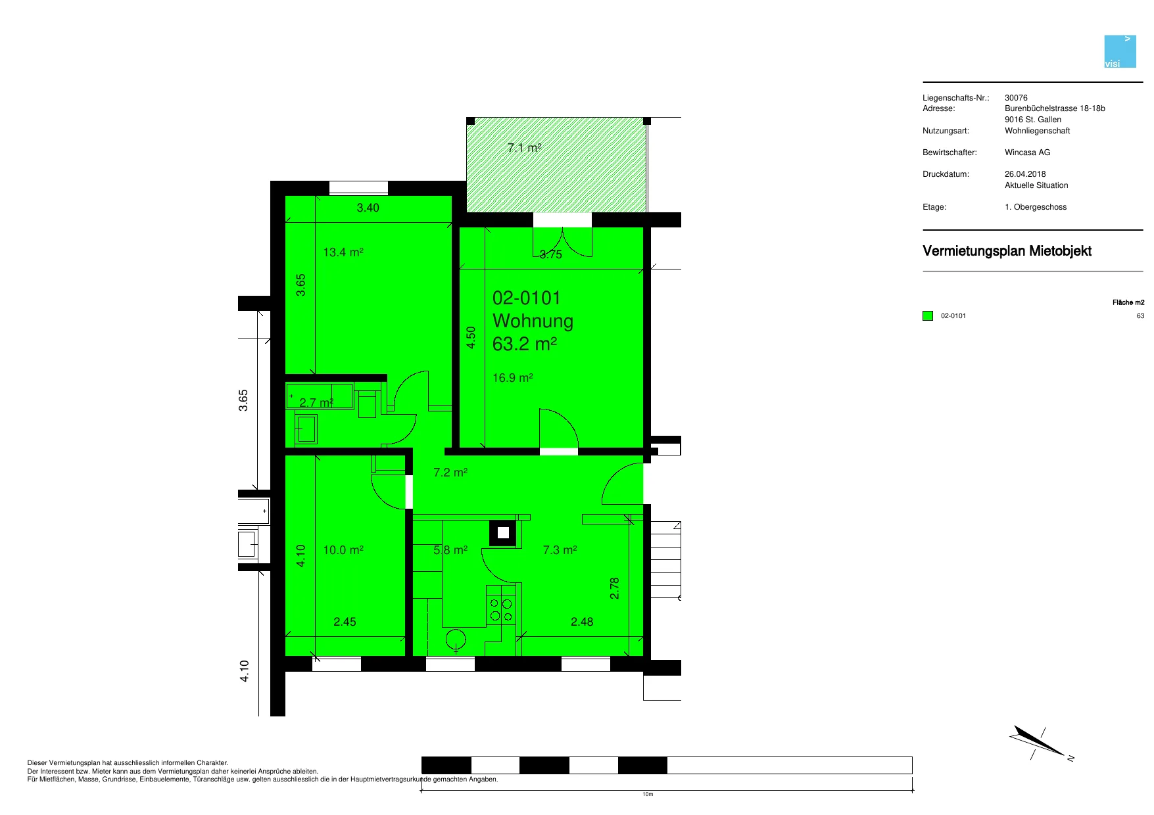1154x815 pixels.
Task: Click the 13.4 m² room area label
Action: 343,252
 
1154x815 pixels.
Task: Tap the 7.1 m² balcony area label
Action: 525,148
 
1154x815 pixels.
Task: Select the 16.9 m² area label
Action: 513,378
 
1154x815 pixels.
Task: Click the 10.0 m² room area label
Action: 343,550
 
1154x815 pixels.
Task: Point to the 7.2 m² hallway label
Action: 450,473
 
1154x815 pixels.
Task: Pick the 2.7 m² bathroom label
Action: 316,403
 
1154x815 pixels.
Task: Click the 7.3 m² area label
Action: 560,550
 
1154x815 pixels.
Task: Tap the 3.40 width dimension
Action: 368,208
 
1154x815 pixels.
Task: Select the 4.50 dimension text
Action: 471,338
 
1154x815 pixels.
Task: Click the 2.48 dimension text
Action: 582,622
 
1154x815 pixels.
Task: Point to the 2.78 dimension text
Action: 615,588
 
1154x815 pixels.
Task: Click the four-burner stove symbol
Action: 501,604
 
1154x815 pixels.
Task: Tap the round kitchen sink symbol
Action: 456,639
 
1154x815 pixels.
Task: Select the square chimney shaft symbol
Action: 503,533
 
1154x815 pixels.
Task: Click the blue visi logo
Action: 1120,51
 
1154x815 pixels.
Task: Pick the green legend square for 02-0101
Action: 928,316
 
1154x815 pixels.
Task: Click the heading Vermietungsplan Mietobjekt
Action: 1007,251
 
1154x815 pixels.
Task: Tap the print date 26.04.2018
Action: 1025,174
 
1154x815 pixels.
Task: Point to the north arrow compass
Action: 1040,743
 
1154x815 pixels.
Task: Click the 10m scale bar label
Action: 648,795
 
